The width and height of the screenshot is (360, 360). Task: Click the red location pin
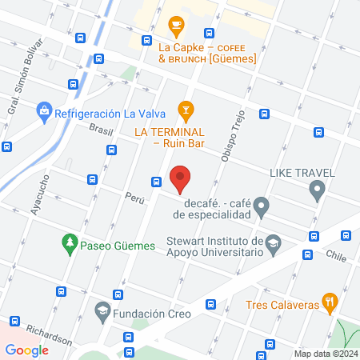pos(180,178)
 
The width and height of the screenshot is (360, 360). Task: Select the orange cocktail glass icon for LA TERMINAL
pos(186,109)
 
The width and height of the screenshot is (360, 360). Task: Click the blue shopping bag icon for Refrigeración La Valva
pos(45,110)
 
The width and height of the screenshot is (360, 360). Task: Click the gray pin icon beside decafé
pos(262,209)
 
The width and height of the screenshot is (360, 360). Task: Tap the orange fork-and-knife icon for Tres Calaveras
pos(328,302)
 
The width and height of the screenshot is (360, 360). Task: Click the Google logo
pos(26,349)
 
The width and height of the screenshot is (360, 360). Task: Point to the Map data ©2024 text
pos(324,353)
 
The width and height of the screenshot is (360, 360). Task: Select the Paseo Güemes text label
pos(117,241)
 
